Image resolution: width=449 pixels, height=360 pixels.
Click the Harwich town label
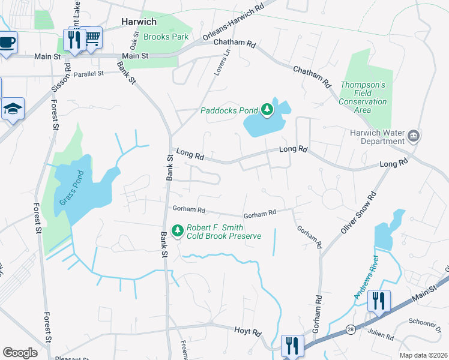pos(139,22)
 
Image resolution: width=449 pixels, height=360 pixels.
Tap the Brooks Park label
pos(166,37)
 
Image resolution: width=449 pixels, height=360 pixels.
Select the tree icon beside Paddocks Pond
pos(267,110)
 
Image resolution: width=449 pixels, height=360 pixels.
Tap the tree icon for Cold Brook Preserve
pos(177,230)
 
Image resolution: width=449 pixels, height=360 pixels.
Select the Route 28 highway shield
pos(350,329)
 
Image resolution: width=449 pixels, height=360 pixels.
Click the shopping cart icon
pos(92,38)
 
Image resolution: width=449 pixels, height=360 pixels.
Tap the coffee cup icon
pos(7,43)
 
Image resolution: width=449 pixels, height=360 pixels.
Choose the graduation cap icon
pos(13,109)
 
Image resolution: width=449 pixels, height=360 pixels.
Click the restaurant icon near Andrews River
pos(378,300)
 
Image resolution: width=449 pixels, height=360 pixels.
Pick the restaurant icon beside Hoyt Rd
pos(292,345)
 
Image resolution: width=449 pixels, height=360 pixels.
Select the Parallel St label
pos(89,74)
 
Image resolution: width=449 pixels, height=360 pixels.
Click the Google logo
pos(20,352)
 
